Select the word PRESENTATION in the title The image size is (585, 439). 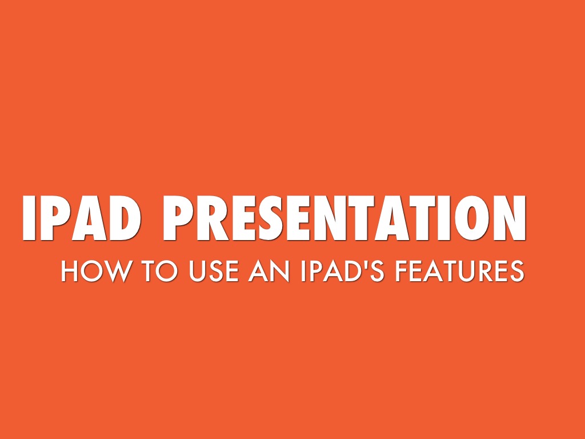point(344,219)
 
